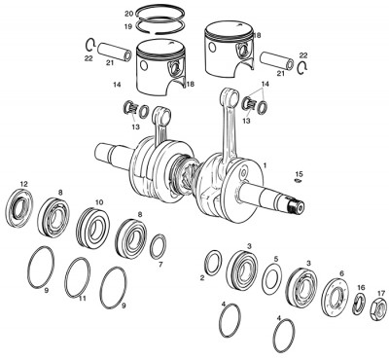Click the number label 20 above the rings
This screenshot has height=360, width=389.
coord(129,13)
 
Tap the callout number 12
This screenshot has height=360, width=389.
coord(23,184)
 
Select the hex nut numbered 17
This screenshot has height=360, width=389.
coord(381,310)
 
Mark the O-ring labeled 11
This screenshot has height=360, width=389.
coord(79,277)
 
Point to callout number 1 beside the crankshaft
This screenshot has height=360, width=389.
coord(263,166)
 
